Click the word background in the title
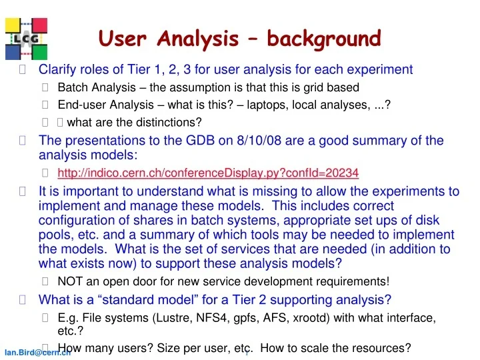pos(324,39)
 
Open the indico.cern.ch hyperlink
pos(208,173)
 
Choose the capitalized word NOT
pos(70,281)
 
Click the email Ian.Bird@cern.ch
pos(37,353)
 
